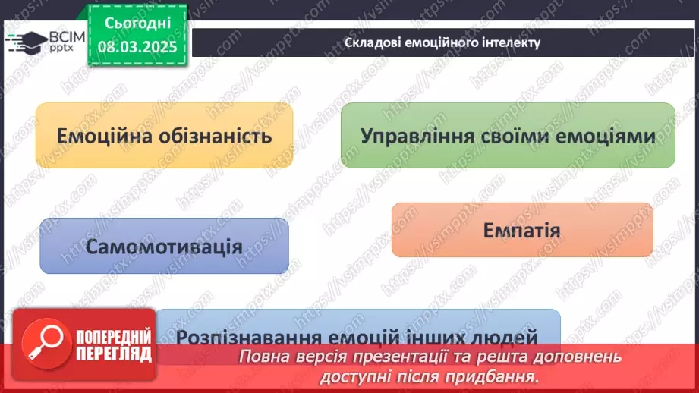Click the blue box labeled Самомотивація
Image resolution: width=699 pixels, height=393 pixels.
pos(164,246)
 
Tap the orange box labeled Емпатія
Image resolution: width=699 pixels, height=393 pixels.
pos(521,230)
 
